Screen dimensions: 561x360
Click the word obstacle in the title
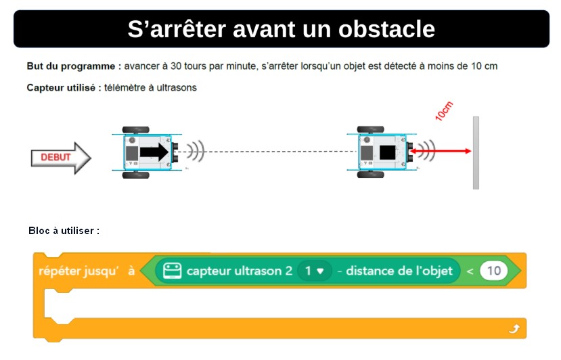click(x=386, y=29)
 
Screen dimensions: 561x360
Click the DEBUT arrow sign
click(x=61, y=158)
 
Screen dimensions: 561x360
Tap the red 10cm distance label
click(x=444, y=111)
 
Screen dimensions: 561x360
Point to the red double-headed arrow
click(x=440, y=151)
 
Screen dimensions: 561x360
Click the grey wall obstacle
click(x=476, y=153)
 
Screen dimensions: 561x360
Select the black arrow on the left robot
click(x=154, y=152)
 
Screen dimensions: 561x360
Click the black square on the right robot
click(x=388, y=152)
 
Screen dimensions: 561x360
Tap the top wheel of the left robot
click(x=135, y=130)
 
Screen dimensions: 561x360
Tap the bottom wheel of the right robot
click(x=371, y=175)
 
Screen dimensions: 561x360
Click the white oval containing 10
click(x=494, y=271)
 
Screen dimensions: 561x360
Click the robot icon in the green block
click(x=172, y=271)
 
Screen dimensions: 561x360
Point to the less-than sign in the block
click(x=470, y=271)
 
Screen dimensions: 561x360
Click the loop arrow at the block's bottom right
click(x=514, y=328)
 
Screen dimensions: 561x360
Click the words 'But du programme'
click(x=71, y=66)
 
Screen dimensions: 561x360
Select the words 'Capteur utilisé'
click(x=61, y=88)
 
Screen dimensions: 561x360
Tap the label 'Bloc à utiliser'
click(x=61, y=231)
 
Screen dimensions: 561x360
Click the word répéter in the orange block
click(x=60, y=271)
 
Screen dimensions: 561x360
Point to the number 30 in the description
click(x=176, y=66)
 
